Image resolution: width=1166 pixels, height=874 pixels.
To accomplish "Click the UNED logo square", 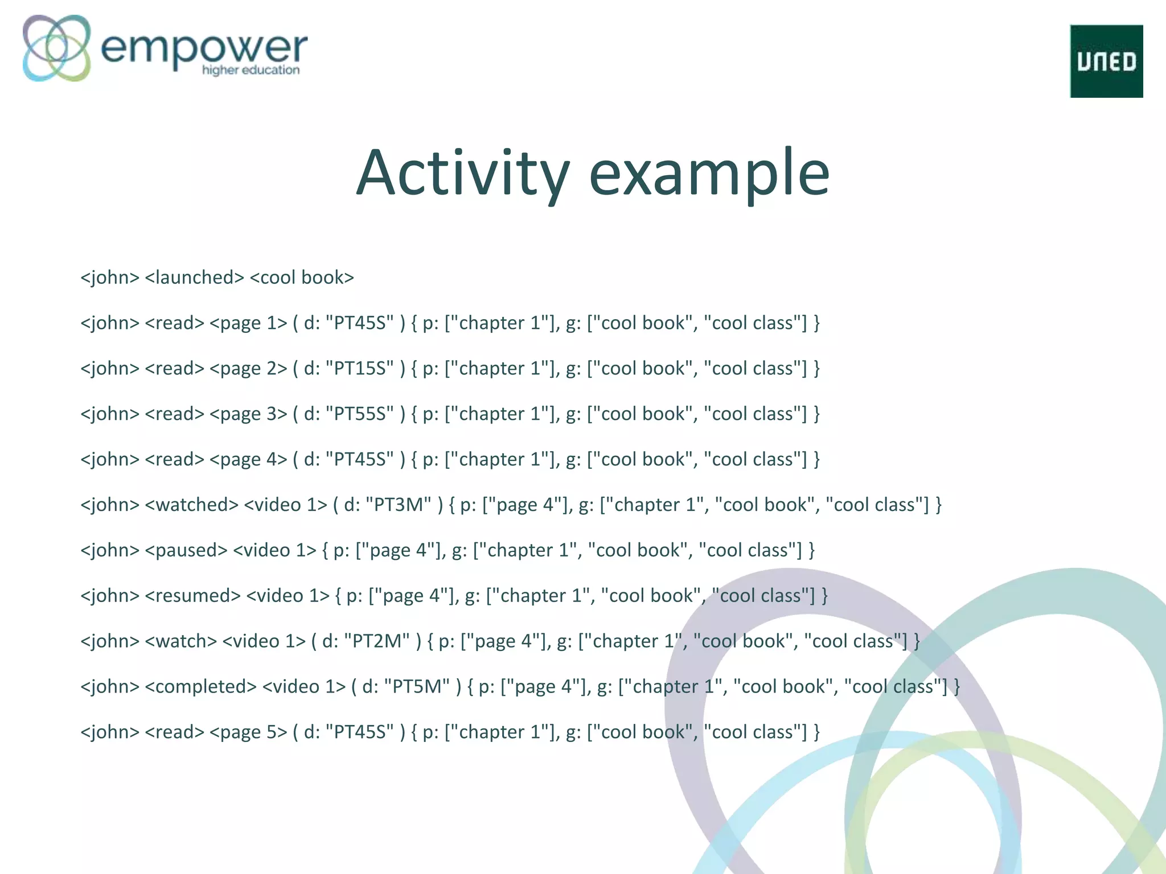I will (x=1106, y=61).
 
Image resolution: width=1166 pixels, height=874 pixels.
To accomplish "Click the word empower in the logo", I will (x=204, y=48).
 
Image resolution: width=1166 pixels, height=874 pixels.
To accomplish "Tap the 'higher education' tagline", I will (x=251, y=71).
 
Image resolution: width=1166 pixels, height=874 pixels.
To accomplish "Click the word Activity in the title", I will (x=462, y=173).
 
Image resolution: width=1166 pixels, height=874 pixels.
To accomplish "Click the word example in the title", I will (x=709, y=173).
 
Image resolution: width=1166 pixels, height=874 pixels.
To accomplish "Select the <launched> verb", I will (x=194, y=278).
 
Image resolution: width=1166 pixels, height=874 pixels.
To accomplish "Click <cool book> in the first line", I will (x=302, y=278).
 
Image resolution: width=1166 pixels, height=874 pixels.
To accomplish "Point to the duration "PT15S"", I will (x=359, y=369).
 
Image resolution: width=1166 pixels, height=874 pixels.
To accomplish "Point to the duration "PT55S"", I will (x=359, y=414).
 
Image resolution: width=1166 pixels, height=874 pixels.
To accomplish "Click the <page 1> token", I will (x=248, y=323).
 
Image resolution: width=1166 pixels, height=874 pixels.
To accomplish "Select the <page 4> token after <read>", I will (x=248, y=460).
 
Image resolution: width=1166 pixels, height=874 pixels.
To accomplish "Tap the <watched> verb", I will (x=191, y=505).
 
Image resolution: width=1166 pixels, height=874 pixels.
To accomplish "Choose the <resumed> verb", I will (x=192, y=596).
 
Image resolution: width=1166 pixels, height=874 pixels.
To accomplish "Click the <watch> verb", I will (x=180, y=642).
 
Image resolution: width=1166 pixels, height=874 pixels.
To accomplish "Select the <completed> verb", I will (x=200, y=687).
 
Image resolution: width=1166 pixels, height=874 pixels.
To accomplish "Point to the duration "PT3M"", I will (x=399, y=505).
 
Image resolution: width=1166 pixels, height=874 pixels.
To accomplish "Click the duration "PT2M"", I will (x=377, y=642).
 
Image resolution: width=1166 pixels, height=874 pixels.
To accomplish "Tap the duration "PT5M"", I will (x=417, y=687).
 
